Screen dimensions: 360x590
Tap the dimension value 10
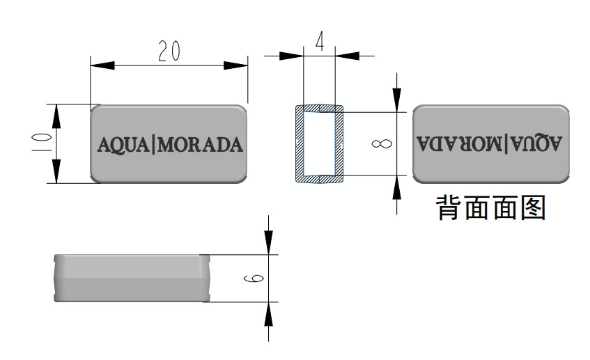pyautogui.click(x=42, y=143)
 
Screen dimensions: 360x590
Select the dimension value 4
pyautogui.click(x=320, y=42)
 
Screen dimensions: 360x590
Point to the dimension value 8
pyautogui.click(x=381, y=144)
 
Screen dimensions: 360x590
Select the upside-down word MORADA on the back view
pyautogui.click(x=460, y=144)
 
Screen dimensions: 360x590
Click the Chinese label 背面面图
pyautogui.click(x=490, y=208)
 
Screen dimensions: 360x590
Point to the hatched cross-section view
pyautogui.click(x=320, y=144)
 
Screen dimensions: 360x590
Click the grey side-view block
pyautogui.click(x=132, y=278)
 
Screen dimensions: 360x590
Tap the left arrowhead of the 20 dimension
pyautogui.click(x=102, y=65)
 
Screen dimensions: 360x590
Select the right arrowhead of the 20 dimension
pyautogui.click(x=237, y=65)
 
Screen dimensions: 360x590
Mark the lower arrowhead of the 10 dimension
pyautogui.click(x=57, y=171)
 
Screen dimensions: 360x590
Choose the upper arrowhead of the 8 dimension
pyautogui.click(x=396, y=100)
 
